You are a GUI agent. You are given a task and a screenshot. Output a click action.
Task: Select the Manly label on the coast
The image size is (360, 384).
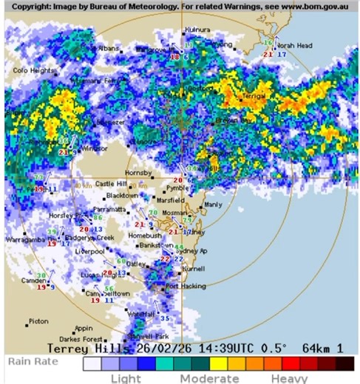213,205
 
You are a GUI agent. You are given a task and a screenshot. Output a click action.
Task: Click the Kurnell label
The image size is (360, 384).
203,270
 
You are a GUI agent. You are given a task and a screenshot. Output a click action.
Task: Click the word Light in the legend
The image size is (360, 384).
126,378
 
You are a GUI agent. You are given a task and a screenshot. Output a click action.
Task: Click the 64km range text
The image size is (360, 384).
316,347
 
